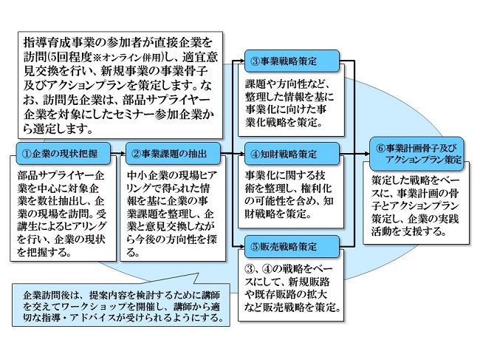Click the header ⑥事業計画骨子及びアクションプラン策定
[x=416, y=154]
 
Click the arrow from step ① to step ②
[x=118, y=153]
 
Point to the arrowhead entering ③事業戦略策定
[x=241, y=61]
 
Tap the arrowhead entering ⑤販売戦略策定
[x=241, y=245]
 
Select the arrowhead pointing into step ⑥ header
[x=366, y=154]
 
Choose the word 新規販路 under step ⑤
[x=309, y=282]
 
